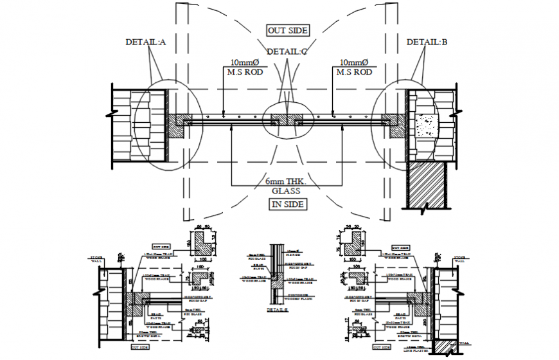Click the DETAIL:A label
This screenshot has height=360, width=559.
pyautogui.click(x=146, y=42)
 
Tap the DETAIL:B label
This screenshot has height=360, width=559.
pyautogui.click(x=427, y=42)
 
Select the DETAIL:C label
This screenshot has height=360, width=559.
pyautogui.click(x=287, y=51)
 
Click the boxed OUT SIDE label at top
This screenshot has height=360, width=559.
pyautogui.click(x=288, y=30)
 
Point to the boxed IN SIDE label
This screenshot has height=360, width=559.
pyautogui.click(x=287, y=204)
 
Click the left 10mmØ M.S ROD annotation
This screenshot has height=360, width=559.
pyautogui.click(x=233, y=67)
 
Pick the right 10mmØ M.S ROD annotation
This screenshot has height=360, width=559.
pyautogui.click(x=353, y=67)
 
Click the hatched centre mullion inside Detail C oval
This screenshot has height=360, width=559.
pyautogui.click(x=287, y=120)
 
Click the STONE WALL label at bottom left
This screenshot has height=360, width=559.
pyautogui.click(x=97, y=258)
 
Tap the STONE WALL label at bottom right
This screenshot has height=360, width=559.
pyautogui.click(x=460, y=258)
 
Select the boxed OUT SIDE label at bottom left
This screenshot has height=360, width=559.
pyautogui.click(x=140, y=347)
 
